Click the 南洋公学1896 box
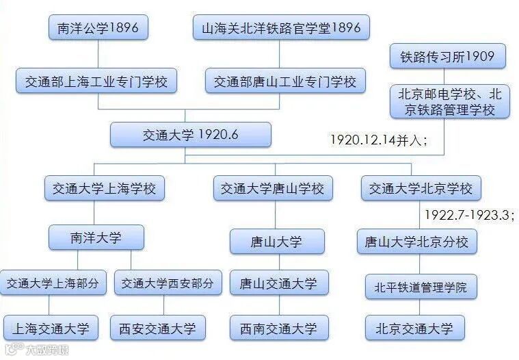pos(98,28)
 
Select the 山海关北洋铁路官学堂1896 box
pos(281,28)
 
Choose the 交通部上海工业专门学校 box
pos(96,81)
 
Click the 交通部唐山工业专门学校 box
pos(285,81)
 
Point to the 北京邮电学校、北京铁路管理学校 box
pos(449,102)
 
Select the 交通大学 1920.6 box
pos(191,135)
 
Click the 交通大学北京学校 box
pos(421,188)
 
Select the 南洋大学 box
pos(96,237)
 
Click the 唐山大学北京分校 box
pos(416,242)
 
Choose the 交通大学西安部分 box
pos(168,283)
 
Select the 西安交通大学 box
pos(157,328)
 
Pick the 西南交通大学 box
pos(278,329)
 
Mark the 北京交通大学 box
pos(414,328)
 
